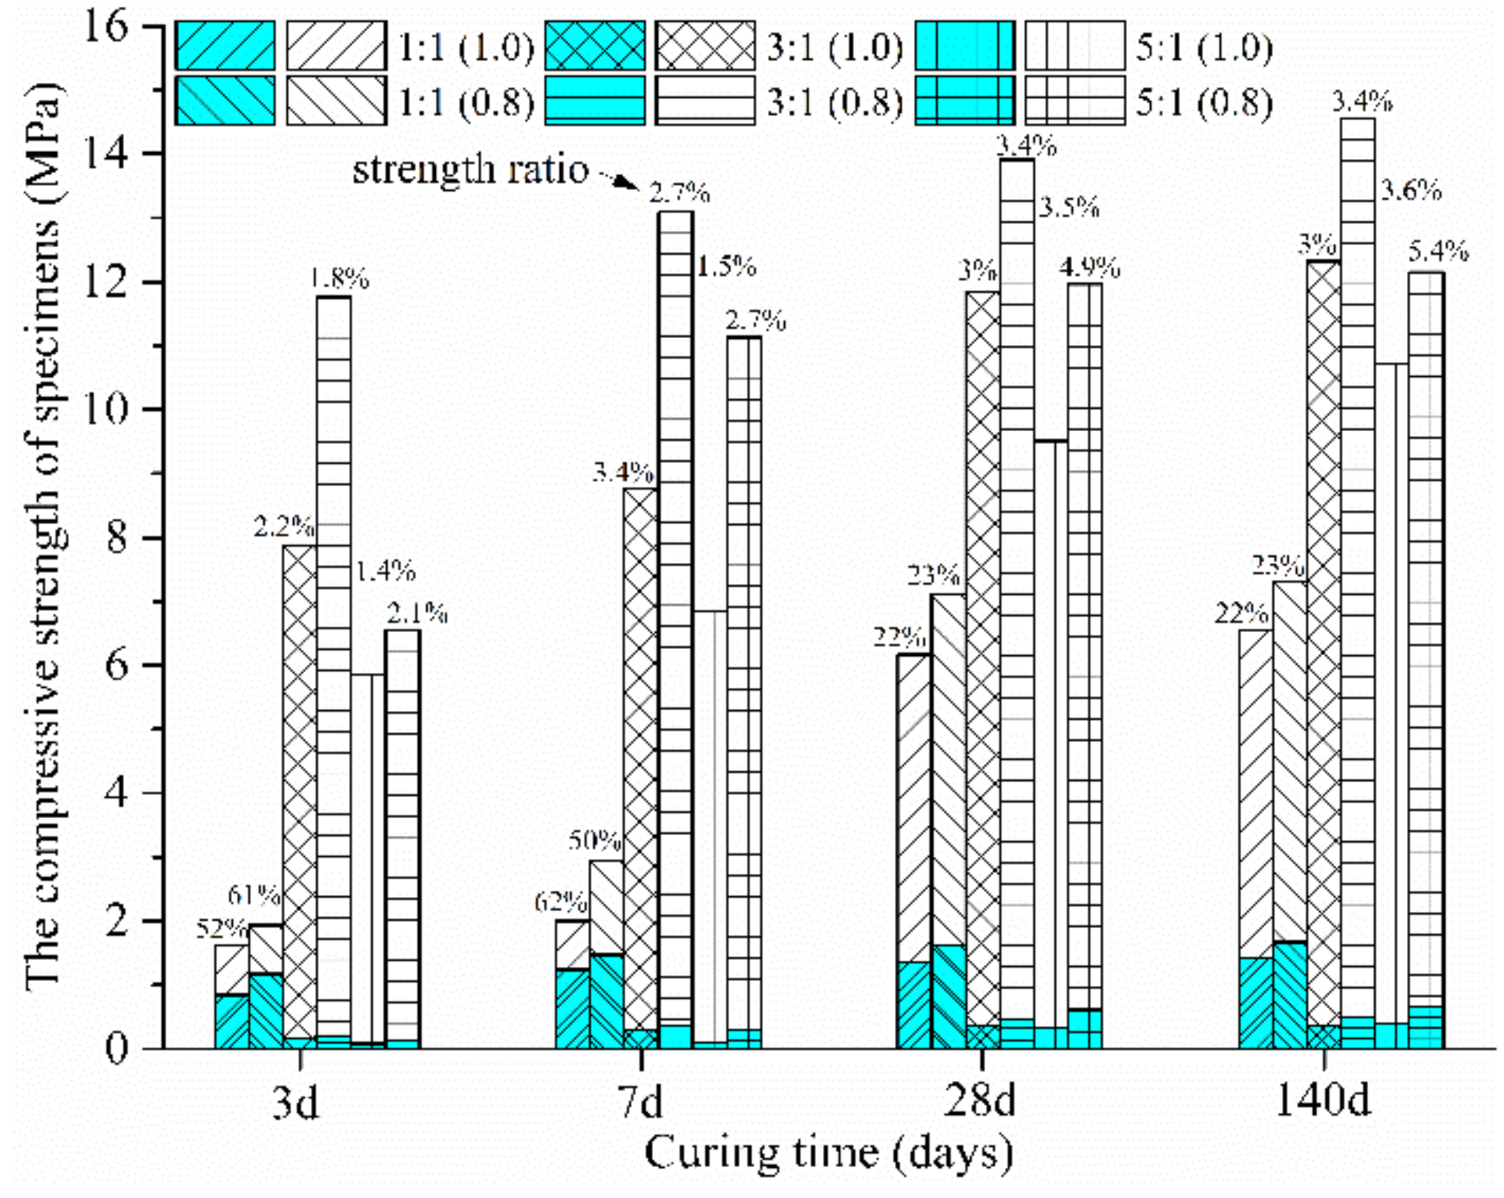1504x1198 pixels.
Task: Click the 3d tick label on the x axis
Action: (x=296, y=1100)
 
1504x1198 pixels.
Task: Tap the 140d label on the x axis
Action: (x=1322, y=1099)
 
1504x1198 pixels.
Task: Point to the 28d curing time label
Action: (x=979, y=1100)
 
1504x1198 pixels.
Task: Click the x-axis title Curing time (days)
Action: (x=828, y=1154)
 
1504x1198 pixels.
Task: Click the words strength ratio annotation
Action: (x=471, y=169)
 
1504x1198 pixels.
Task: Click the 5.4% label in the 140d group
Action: (x=1438, y=251)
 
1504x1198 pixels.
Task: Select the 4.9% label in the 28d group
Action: (x=1089, y=268)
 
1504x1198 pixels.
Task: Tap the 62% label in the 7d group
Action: (x=560, y=902)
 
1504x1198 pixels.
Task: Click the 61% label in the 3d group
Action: (x=254, y=896)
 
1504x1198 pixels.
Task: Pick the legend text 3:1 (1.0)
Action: (x=835, y=48)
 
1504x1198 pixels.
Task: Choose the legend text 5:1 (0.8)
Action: (x=1204, y=103)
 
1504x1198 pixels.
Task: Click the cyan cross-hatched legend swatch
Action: (x=595, y=47)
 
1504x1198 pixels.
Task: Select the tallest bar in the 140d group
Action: (x=1357, y=543)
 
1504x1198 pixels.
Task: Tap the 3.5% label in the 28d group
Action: (x=1069, y=208)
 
